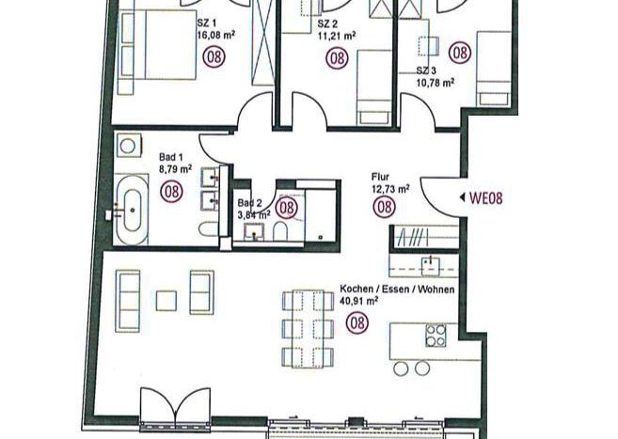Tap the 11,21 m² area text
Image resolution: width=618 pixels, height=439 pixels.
337,37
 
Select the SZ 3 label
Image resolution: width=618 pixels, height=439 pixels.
426,71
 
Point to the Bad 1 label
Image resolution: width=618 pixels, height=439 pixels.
171,157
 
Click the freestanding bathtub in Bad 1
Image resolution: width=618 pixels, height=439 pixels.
133,211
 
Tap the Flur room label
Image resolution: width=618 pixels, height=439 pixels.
380,177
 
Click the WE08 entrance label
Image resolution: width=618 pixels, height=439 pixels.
486,198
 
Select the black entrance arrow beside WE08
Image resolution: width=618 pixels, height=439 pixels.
462,197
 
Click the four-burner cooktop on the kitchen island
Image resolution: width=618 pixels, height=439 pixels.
436,335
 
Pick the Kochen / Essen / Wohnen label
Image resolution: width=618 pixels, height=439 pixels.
397,290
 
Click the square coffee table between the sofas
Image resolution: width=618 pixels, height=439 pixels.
166,301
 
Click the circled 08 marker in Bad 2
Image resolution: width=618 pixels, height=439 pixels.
286,207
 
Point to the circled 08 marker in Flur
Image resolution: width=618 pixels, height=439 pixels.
385,207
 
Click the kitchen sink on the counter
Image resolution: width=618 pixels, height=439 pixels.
431,266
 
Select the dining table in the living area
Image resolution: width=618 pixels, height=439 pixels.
308,329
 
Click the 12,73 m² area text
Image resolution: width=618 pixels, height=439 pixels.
390,190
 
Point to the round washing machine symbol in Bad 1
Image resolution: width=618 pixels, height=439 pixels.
128,146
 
